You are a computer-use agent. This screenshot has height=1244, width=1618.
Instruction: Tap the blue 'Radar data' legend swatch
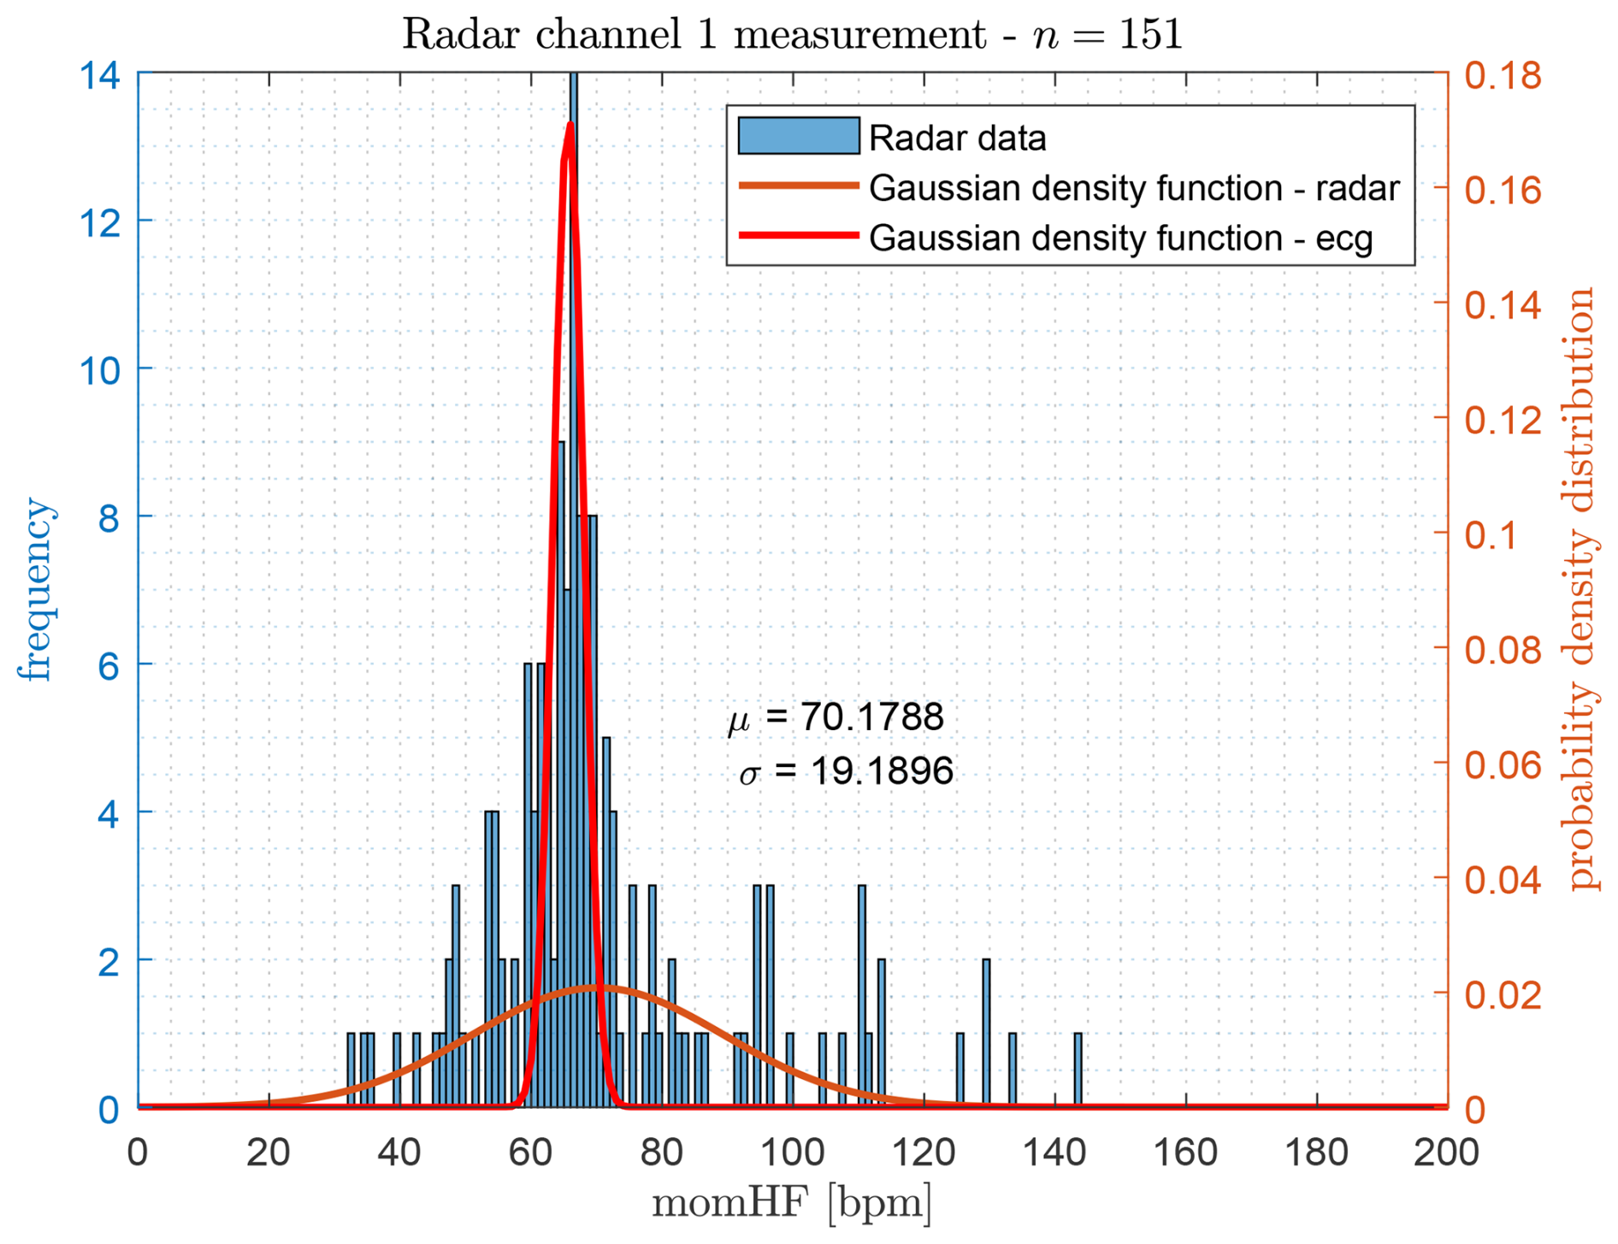[798, 136]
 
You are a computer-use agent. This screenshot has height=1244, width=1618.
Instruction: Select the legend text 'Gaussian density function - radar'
[1133, 188]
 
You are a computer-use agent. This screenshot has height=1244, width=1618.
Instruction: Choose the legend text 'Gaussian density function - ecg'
[1120, 239]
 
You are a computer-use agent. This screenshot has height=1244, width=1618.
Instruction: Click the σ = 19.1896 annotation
[846, 771]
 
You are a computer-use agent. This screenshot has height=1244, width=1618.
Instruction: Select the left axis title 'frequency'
[36, 590]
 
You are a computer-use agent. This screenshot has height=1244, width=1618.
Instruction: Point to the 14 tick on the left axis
[99, 75]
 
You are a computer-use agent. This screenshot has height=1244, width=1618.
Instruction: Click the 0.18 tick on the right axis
[1503, 75]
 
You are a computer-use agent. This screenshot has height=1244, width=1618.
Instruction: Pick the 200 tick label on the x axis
[1446, 1153]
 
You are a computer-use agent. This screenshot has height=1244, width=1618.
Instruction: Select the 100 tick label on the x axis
[792, 1153]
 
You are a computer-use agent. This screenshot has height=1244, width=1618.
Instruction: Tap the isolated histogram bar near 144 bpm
[1078, 1070]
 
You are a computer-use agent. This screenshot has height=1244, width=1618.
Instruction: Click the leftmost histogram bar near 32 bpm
[351, 1070]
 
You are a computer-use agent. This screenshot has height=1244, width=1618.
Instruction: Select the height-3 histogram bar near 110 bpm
[861, 996]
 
